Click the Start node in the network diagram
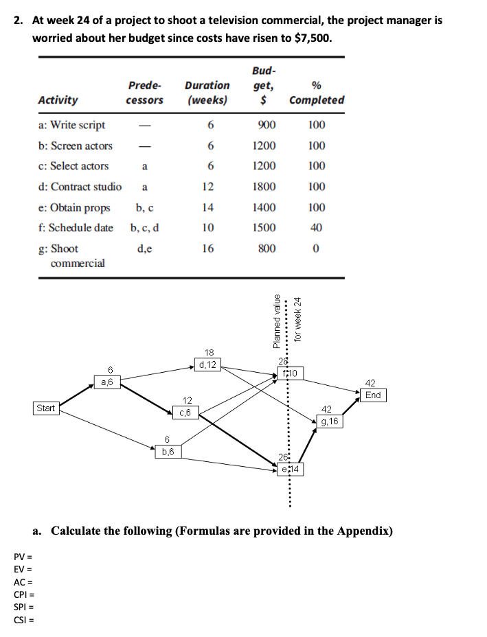45,408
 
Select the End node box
373,395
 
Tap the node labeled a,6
107,381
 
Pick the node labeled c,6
186,412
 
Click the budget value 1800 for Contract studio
264,187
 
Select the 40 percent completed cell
317,227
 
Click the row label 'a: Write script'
72,125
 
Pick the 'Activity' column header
58,100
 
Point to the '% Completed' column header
317,93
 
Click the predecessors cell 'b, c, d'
145,227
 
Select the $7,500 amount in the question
312,37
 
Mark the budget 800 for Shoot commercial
267,248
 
